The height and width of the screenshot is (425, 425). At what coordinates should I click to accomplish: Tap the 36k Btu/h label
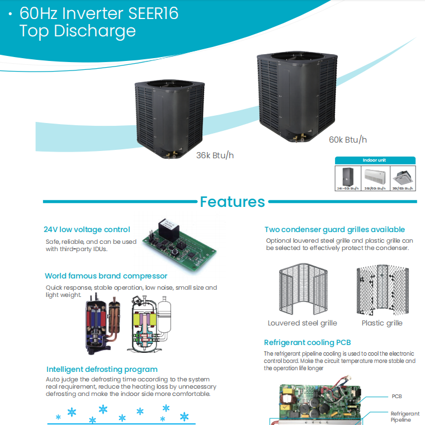coord(215,155)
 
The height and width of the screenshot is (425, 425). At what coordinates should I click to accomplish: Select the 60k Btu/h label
coord(347,139)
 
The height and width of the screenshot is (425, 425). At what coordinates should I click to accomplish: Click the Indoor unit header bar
coord(375,160)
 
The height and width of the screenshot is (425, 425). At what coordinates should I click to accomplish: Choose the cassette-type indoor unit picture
coord(402,177)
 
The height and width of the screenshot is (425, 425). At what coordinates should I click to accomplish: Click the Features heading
coord(232,201)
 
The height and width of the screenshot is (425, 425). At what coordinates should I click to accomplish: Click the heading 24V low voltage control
coord(87,229)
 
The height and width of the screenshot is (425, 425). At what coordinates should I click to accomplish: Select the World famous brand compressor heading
coord(106,276)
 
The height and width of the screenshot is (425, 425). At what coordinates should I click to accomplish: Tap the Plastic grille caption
coord(382,323)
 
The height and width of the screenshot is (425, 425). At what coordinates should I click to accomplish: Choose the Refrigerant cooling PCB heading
coord(307,342)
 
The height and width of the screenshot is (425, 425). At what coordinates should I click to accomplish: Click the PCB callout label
coord(396,396)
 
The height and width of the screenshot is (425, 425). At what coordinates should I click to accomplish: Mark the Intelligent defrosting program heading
coord(102,369)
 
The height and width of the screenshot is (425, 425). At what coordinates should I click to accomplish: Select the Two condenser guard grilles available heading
coord(334,229)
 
